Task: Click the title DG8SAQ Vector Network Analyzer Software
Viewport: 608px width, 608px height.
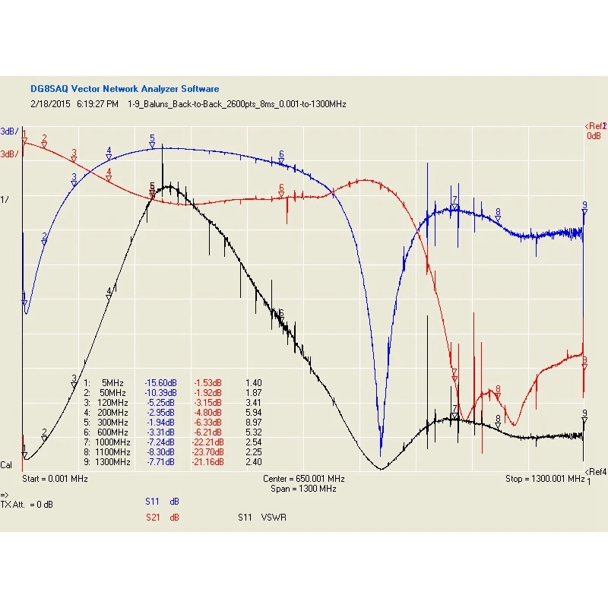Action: point(125,89)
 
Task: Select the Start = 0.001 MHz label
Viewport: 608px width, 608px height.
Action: point(55,479)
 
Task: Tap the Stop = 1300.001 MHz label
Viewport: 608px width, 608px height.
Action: point(544,479)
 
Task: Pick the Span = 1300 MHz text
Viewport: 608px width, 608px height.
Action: point(304,489)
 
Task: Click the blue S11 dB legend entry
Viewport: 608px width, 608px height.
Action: point(162,502)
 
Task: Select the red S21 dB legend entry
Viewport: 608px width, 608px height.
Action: point(162,518)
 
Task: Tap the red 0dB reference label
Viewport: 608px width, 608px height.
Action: point(594,136)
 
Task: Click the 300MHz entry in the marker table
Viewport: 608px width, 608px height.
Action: point(112,422)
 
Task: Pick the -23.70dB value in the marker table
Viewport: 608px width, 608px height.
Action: point(207,451)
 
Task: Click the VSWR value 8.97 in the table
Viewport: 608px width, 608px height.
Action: point(254,422)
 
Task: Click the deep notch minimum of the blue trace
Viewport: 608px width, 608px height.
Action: point(381,448)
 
